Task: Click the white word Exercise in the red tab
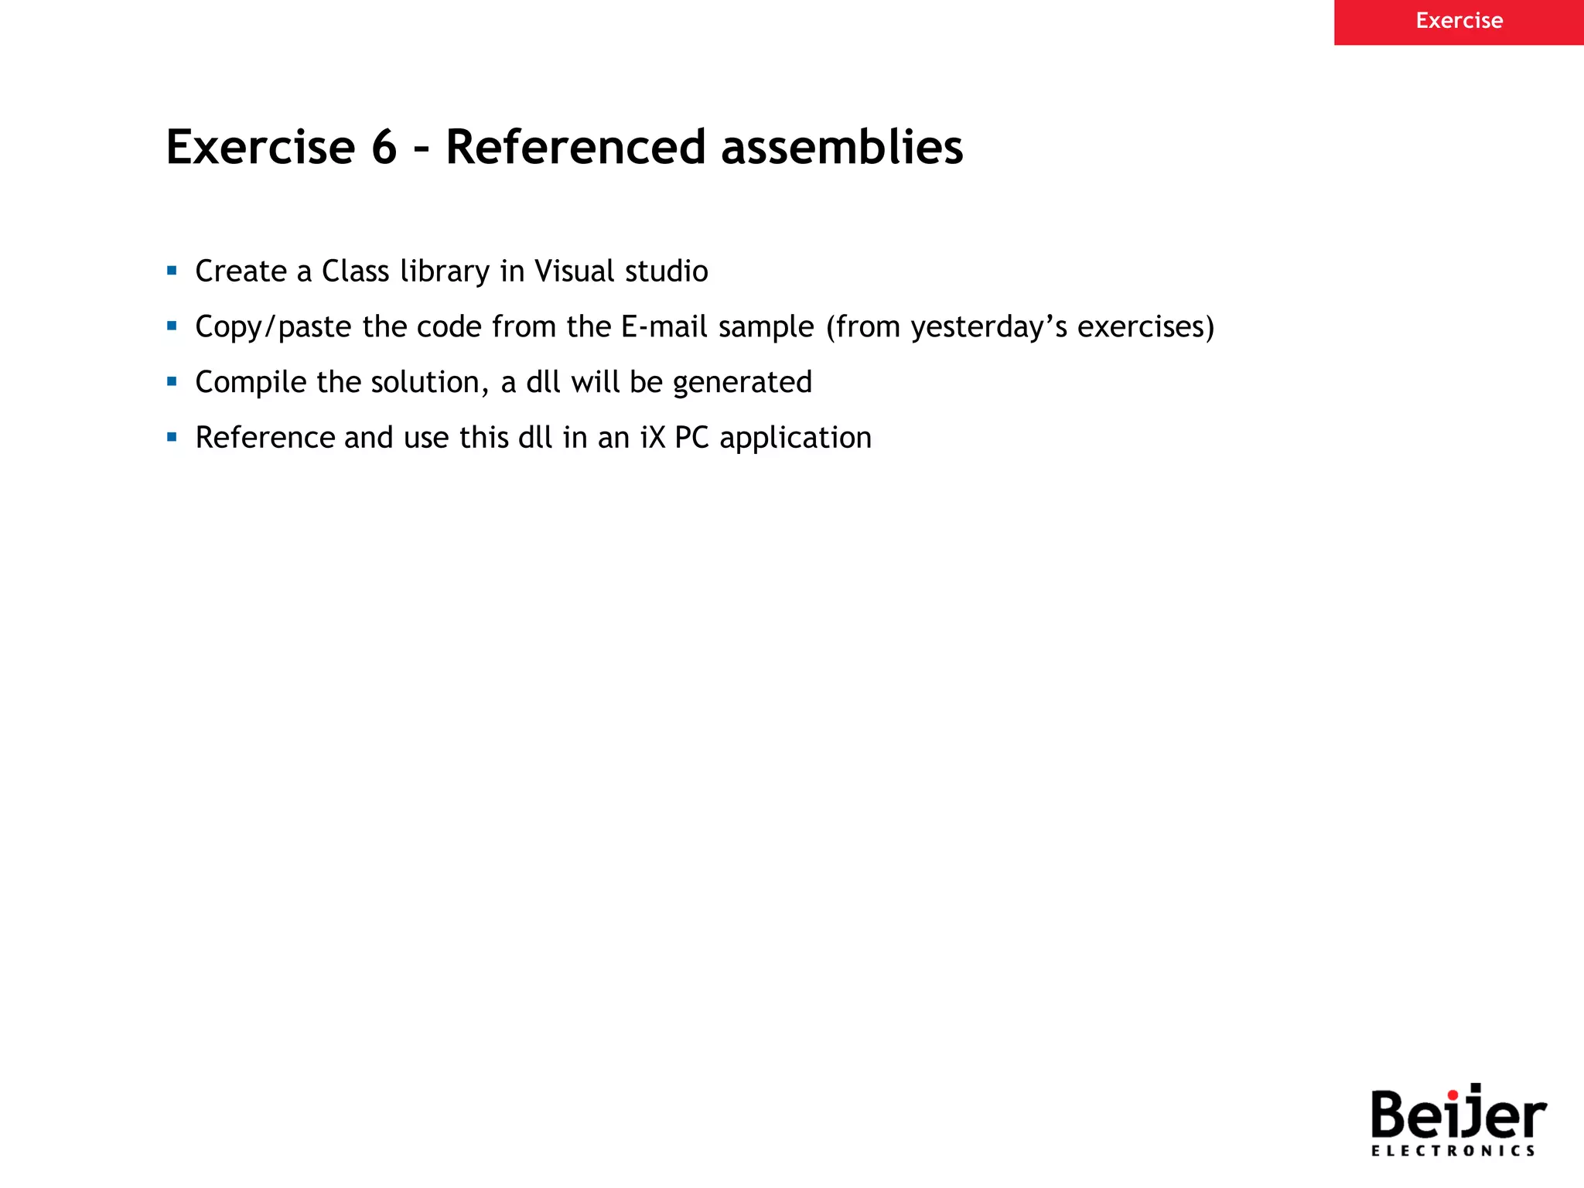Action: tap(1459, 21)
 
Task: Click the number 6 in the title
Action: tap(384, 147)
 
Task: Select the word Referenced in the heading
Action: tap(575, 147)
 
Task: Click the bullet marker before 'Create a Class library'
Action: tap(172, 271)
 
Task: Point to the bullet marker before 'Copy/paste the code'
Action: tap(172, 326)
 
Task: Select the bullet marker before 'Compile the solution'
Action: tap(172, 381)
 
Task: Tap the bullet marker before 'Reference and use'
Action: tap(172, 437)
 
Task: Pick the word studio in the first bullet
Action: tap(666, 271)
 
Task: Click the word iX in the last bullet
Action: tap(653, 438)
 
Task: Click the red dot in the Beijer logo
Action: tap(1453, 1094)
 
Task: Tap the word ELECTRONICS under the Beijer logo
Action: tap(1453, 1151)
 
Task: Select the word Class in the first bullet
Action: tap(355, 271)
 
